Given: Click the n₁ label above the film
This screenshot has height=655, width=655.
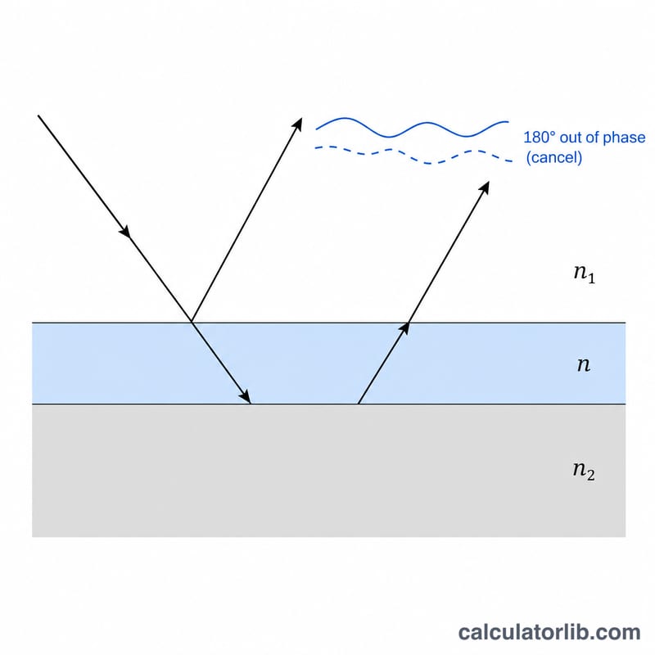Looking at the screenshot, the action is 585,274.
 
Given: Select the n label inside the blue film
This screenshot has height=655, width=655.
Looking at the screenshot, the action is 584,364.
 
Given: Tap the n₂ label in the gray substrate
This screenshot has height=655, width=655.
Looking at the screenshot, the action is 584,470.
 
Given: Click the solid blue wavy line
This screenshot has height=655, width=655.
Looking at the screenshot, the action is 412,128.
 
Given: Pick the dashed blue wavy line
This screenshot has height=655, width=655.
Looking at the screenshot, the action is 413,155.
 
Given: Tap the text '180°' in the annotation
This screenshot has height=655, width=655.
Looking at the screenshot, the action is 540,137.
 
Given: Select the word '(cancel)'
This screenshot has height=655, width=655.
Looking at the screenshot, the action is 554,157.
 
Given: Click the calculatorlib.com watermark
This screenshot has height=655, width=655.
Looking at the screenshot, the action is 549,632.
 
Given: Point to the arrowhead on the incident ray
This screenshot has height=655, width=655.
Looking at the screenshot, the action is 125,232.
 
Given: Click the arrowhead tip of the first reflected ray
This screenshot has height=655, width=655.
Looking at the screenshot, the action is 301,118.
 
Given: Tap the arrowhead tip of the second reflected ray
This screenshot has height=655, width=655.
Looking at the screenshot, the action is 489,182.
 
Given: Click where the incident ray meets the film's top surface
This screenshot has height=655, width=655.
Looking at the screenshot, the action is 192,322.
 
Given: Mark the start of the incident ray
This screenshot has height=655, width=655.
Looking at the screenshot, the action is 38,115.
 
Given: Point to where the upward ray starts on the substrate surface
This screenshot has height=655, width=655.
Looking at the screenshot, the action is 359,404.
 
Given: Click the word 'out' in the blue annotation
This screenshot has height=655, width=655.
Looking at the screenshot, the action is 571,138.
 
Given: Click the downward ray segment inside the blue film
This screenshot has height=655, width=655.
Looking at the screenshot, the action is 221,363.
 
